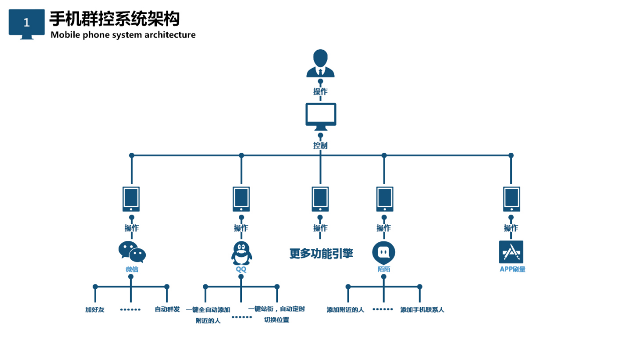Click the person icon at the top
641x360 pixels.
point(320,63)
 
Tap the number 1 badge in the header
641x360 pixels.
point(27,23)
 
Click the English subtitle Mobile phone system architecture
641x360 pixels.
point(123,35)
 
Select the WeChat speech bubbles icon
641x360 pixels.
point(132,252)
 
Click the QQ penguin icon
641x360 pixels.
point(241,253)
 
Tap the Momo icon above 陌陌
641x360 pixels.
point(384,252)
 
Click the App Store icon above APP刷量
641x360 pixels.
point(511,252)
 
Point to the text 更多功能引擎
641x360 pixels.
point(321,254)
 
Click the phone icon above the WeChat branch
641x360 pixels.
point(131,199)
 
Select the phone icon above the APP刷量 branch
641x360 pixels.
point(511,199)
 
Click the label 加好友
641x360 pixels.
point(95,310)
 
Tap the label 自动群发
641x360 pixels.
point(167,309)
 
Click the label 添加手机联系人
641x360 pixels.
point(422,310)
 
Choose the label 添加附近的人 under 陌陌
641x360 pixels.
point(346,310)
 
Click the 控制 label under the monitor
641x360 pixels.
point(320,146)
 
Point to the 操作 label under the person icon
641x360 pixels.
point(320,92)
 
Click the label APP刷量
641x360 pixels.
point(512,269)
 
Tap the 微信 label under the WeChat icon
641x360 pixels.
point(132,269)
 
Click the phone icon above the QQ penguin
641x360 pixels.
point(241,199)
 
